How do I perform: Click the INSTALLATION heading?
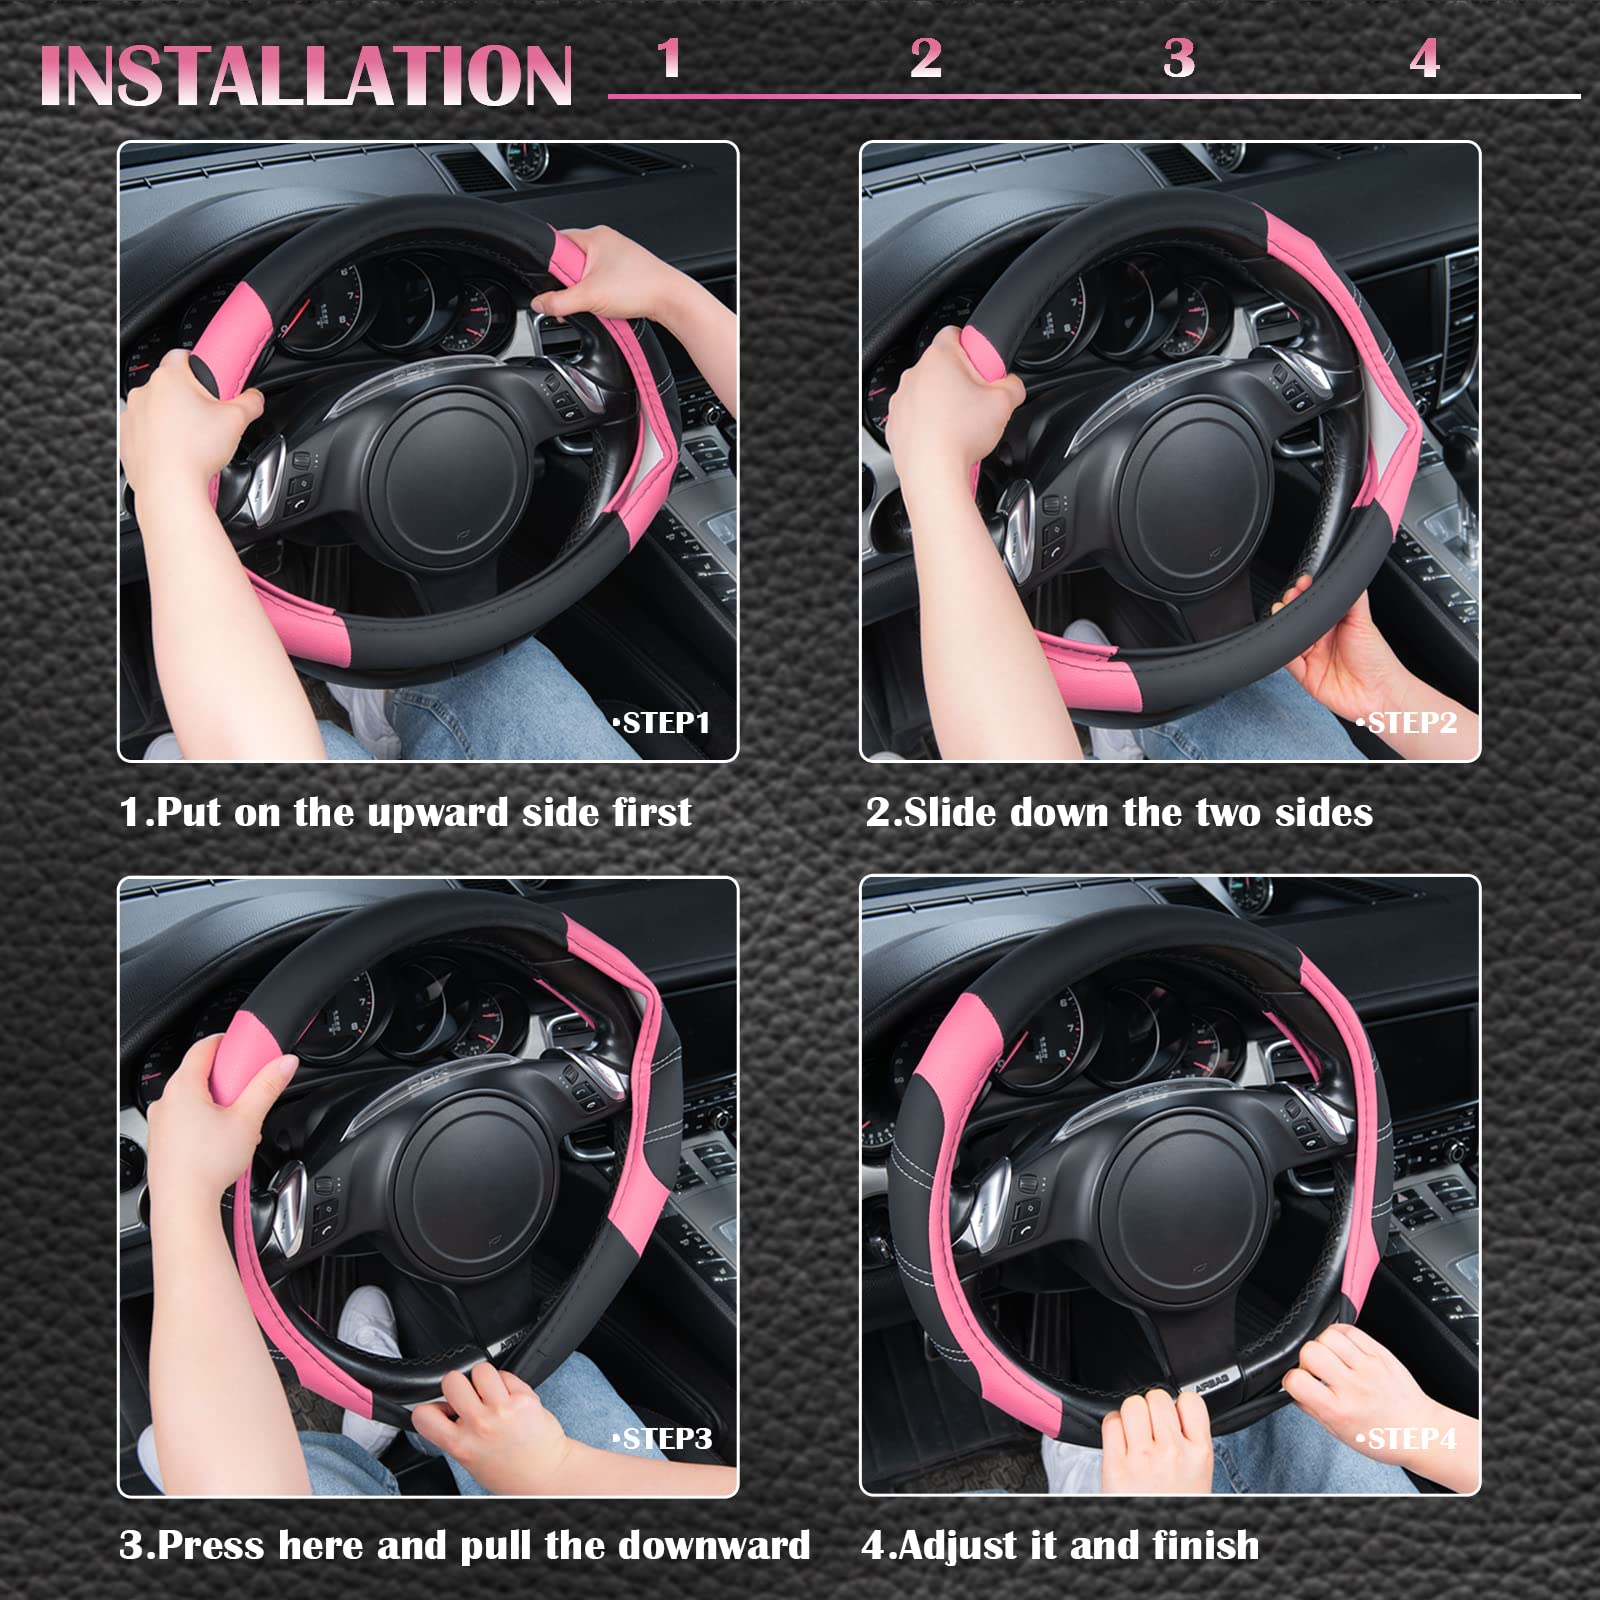pos(305,76)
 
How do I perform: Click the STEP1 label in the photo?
pos(662,723)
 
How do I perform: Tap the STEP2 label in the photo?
pos(1407,723)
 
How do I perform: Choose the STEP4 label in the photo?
pos(1407,1439)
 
